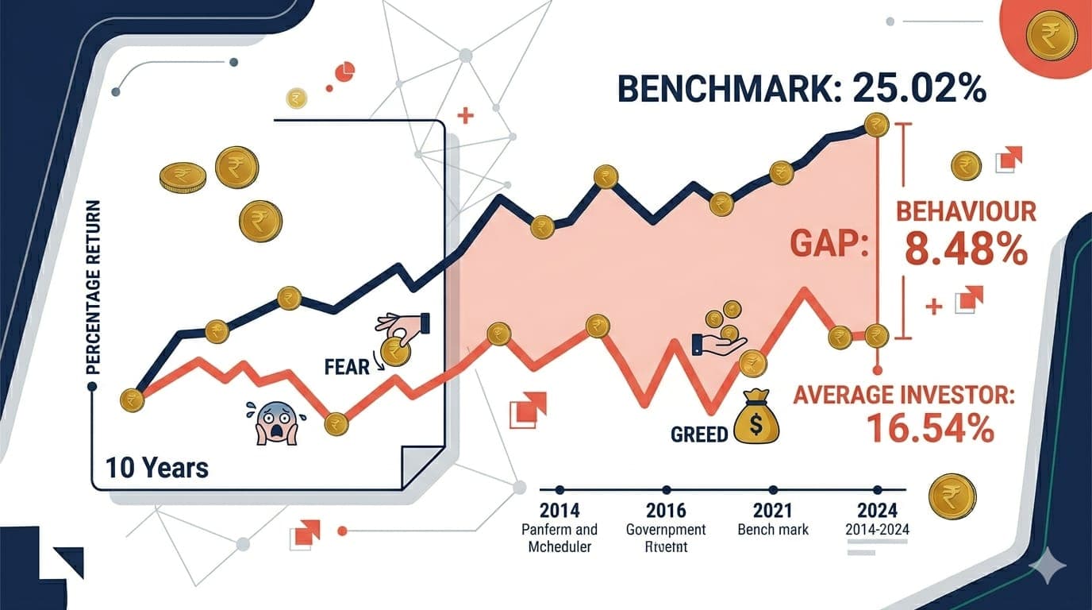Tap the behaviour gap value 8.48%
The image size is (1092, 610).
click(965, 250)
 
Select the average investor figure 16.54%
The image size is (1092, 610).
click(930, 427)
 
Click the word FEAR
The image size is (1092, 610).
click(347, 366)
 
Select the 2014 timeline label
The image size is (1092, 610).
click(559, 510)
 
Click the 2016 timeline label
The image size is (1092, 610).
click(665, 510)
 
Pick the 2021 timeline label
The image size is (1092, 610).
click(772, 510)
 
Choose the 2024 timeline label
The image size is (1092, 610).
click(877, 510)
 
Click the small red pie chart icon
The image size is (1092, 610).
click(344, 72)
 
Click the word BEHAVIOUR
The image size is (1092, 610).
click(966, 211)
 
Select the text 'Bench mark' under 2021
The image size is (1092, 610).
click(772, 529)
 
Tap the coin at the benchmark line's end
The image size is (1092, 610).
click(875, 124)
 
